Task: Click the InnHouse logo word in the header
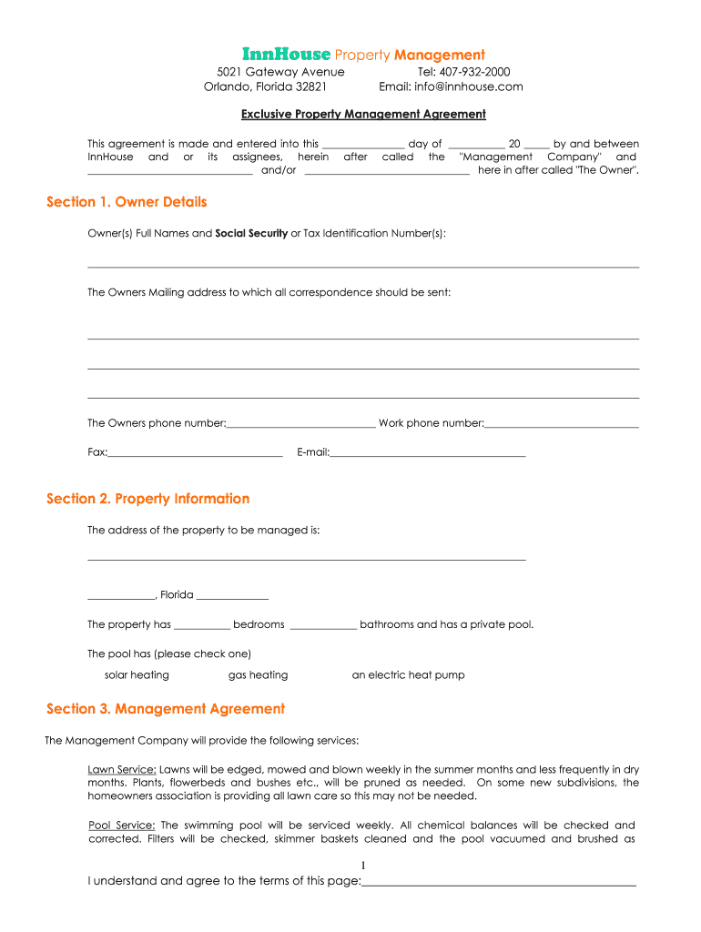point(286,55)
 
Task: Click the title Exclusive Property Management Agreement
point(363,114)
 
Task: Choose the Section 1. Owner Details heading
point(127,202)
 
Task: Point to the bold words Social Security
point(251,234)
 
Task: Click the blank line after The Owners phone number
point(300,424)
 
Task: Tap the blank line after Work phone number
point(562,424)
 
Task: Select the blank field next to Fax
point(195,453)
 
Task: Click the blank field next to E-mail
point(427,453)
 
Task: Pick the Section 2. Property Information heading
point(147,499)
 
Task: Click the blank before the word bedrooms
point(201,626)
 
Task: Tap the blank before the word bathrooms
point(323,626)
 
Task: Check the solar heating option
point(137,675)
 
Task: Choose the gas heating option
point(258,675)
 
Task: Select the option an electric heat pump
point(408,675)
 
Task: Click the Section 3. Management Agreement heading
point(166,709)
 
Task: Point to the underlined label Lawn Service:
point(122,769)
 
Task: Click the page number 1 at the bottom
point(363,865)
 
